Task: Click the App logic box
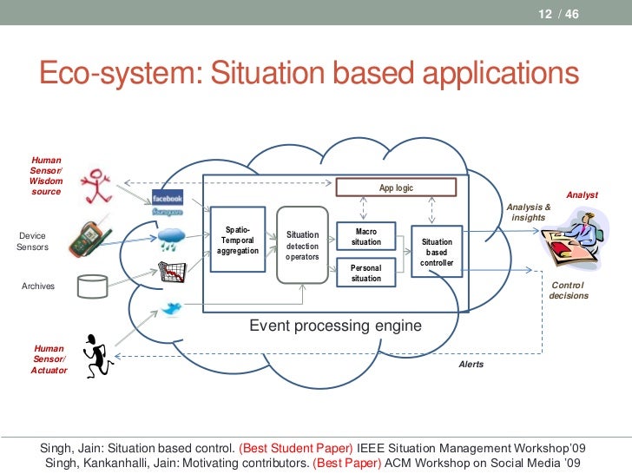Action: point(396,188)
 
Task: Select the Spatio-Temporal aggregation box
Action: point(237,240)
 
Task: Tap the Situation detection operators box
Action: point(302,245)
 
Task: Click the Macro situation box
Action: point(366,236)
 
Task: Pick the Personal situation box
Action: point(366,273)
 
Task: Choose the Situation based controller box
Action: point(437,252)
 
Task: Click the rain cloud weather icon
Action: point(170,236)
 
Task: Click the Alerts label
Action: point(471,365)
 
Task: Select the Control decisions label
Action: point(569,291)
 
